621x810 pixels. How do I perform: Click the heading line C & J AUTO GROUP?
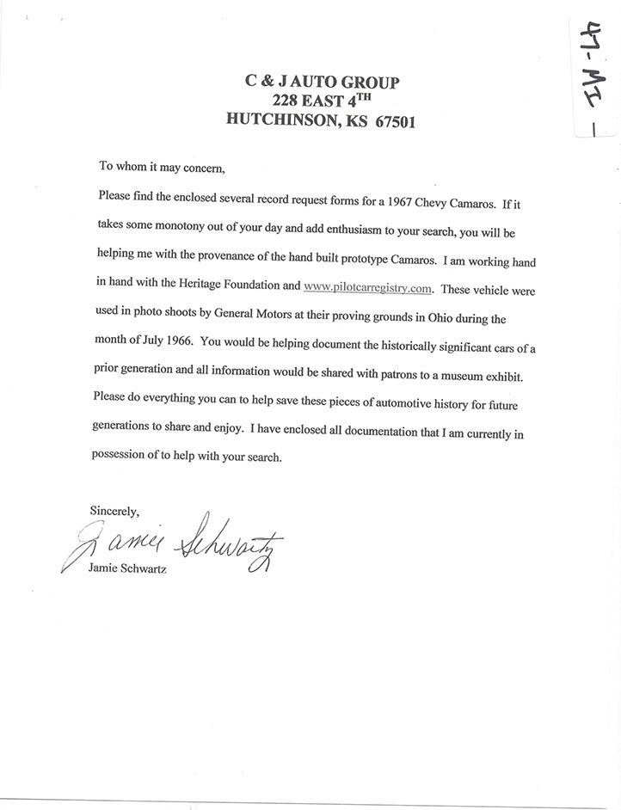point(321,83)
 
